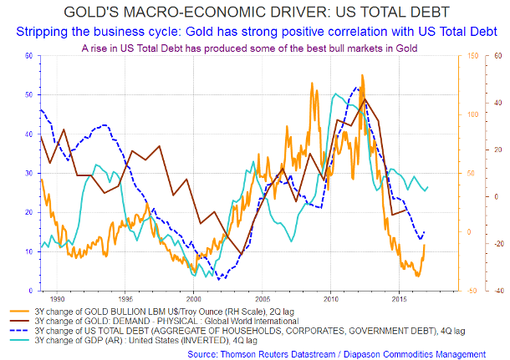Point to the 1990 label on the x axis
tap(57, 297)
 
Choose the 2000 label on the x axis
tap(193, 297)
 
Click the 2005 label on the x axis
tap(262, 297)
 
